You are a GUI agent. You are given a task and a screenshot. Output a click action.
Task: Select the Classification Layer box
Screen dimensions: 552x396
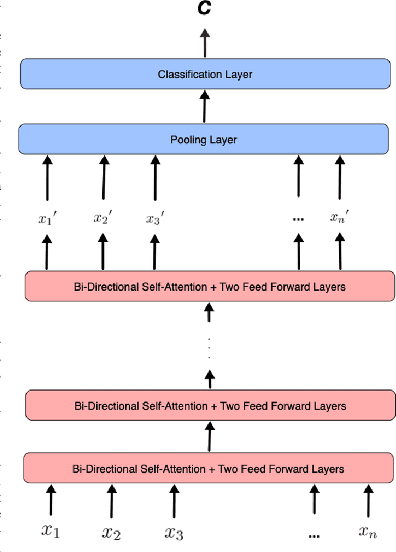[x=205, y=74]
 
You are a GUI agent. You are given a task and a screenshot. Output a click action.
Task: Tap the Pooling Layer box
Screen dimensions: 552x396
[x=204, y=140]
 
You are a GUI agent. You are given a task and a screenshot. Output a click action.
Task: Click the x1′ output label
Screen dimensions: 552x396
[x=47, y=218]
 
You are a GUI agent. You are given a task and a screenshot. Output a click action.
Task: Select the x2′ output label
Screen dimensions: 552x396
[x=102, y=218]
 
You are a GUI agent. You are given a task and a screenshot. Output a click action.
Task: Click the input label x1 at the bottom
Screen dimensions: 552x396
[x=50, y=530]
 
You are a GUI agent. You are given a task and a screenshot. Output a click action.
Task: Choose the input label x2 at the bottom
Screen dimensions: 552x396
[x=111, y=531]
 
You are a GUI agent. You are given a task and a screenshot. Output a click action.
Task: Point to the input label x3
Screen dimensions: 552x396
[x=173, y=531]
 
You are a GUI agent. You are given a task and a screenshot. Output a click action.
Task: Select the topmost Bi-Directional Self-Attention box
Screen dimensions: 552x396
[x=209, y=287]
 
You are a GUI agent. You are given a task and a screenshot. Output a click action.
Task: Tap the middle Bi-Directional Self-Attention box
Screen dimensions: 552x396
[x=209, y=406]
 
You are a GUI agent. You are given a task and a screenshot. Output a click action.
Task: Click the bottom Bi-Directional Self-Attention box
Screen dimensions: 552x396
[x=209, y=469]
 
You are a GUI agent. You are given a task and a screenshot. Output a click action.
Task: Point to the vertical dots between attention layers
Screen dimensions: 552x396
[x=209, y=348]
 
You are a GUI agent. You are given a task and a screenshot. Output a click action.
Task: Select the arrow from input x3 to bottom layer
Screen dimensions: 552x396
[x=173, y=500]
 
